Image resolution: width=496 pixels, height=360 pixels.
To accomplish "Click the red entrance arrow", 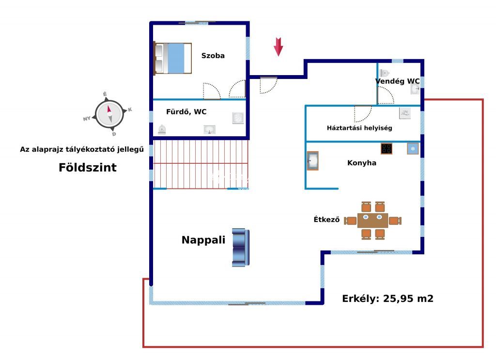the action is [x=279, y=47].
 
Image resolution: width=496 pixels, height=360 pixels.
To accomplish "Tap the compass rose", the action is [x=109, y=114].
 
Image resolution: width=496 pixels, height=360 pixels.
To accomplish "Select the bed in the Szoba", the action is [x=173, y=58].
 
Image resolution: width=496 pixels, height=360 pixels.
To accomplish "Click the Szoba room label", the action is [x=213, y=56].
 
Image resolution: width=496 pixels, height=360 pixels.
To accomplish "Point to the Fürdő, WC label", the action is [x=186, y=111].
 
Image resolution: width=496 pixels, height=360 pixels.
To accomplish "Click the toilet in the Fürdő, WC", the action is [x=162, y=129].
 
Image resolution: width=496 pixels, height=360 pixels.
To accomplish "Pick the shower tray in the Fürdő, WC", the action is [x=238, y=118].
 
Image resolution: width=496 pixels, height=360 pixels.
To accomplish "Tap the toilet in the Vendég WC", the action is [x=384, y=73].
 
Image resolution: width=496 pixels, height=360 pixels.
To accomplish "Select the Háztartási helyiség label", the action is [x=359, y=128].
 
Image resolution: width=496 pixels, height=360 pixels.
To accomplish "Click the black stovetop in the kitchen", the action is [x=386, y=148].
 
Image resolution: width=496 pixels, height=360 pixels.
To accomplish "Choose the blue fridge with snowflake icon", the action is [x=413, y=149].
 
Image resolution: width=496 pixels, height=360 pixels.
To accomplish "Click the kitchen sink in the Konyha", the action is [x=312, y=161].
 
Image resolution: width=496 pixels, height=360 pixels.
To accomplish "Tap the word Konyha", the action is [x=361, y=163].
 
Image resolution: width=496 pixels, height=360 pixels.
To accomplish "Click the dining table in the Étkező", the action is [x=372, y=220].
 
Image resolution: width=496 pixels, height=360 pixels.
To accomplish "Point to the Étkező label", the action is [x=326, y=219].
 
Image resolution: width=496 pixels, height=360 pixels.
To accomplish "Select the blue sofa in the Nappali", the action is [x=241, y=248].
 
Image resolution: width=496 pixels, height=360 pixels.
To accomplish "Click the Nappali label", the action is [x=203, y=240].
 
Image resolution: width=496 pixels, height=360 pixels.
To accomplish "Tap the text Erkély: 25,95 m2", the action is [x=387, y=298].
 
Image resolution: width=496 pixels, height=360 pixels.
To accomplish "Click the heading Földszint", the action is [x=88, y=167].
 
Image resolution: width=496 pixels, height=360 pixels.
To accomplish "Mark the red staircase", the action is [x=201, y=164].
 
